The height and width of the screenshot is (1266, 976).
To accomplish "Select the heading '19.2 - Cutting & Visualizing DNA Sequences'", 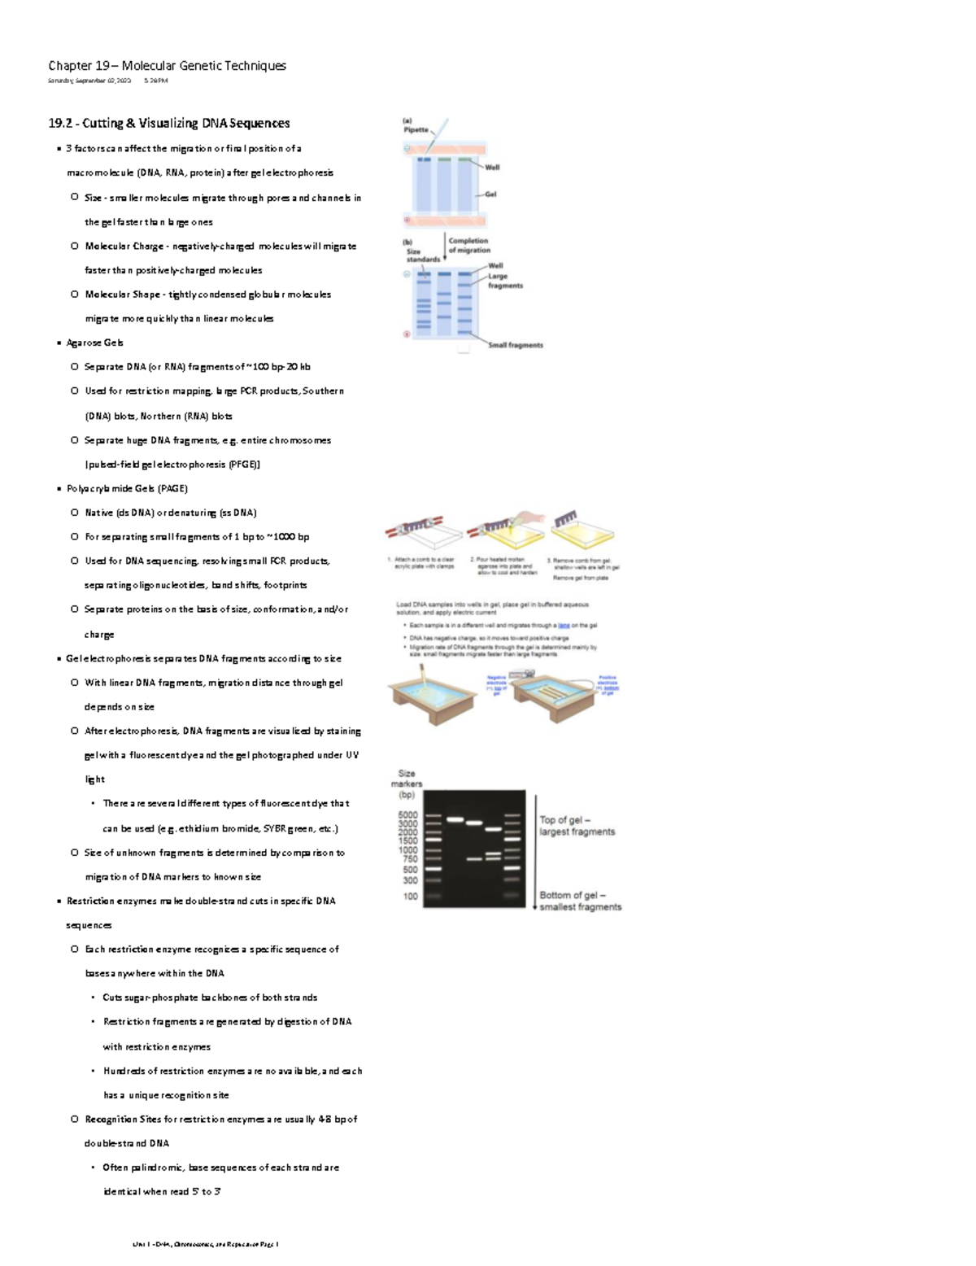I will [x=168, y=124].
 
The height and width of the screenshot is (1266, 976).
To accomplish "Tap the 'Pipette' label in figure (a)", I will [x=416, y=130].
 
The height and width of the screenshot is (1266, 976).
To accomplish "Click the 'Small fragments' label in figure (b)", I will [x=515, y=346].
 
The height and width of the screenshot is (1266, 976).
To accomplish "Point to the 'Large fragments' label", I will [x=504, y=281].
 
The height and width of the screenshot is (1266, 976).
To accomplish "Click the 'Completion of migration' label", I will [x=468, y=246].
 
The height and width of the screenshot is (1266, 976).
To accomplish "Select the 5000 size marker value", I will [x=407, y=815].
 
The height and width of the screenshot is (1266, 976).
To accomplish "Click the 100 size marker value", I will [x=410, y=897].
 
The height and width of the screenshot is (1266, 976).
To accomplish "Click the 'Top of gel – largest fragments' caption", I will [x=577, y=826].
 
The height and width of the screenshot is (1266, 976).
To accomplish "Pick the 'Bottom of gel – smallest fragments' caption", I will [x=580, y=901].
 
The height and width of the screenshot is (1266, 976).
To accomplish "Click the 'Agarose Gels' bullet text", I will [x=94, y=343].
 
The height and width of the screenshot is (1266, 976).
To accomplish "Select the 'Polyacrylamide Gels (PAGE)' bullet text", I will [x=127, y=489].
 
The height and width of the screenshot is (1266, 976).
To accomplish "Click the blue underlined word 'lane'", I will [x=564, y=626].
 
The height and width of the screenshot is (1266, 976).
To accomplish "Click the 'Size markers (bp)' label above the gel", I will [x=407, y=784].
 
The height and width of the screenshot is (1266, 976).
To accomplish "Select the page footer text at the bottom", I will [x=205, y=1244].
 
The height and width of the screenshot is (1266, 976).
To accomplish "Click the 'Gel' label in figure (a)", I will [x=490, y=194].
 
